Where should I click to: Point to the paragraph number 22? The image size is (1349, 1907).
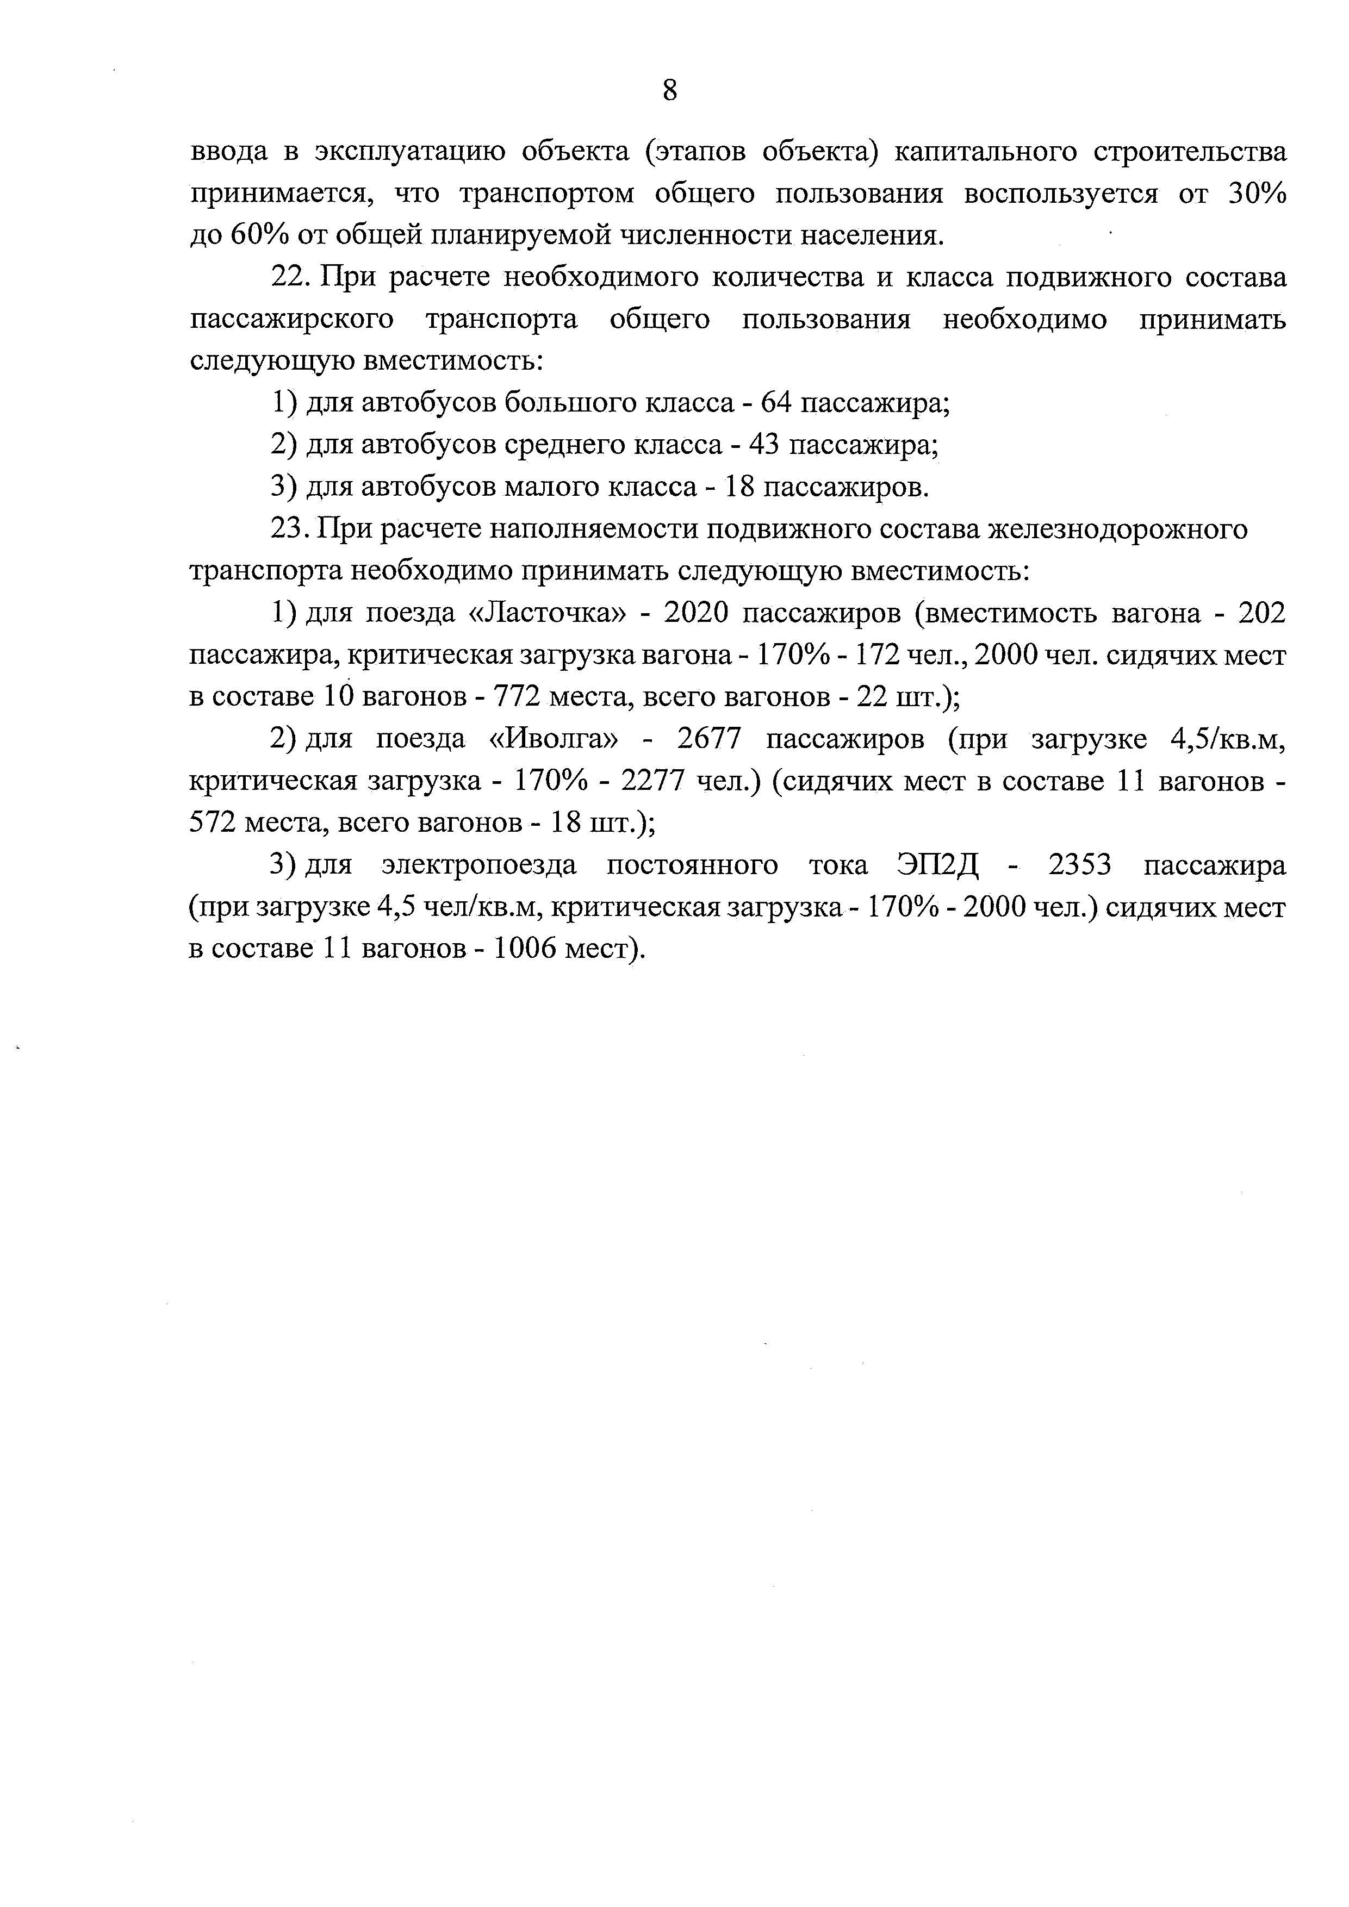[x=288, y=277]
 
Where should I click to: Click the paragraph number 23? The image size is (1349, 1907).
[x=288, y=529]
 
